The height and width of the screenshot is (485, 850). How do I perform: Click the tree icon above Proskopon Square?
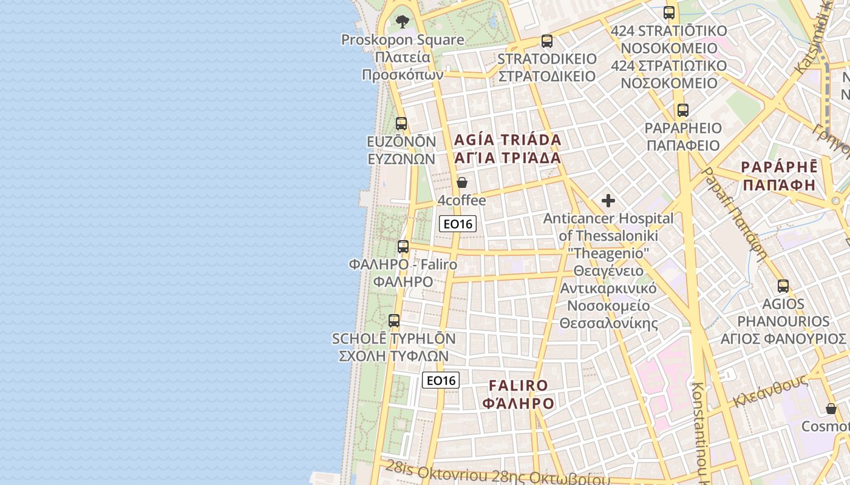click(402, 22)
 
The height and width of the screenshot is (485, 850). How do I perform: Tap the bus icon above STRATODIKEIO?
click(547, 41)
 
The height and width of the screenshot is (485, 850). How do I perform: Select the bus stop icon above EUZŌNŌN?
click(401, 124)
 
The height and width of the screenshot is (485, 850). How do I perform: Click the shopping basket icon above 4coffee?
click(462, 182)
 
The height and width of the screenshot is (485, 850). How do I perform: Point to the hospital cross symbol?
click(608, 201)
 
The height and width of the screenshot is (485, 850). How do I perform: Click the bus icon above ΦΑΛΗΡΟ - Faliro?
click(403, 247)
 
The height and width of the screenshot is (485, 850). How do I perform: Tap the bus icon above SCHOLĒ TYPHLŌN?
click(394, 321)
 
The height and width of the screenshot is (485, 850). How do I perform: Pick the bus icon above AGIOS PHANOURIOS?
click(783, 286)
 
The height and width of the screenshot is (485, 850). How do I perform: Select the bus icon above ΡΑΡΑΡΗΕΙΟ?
click(683, 110)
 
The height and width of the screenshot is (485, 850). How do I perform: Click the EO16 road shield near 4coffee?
click(458, 224)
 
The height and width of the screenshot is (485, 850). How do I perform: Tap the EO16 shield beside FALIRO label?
click(441, 380)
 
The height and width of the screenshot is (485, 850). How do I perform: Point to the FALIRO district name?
click(518, 394)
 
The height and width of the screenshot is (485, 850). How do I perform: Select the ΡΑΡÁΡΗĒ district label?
click(780, 176)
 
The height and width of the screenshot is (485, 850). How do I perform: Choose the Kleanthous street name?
click(770, 391)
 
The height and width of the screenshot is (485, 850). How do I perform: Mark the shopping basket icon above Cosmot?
click(831, 409)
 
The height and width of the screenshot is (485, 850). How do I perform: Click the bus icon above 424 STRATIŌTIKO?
click(669, 12)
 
